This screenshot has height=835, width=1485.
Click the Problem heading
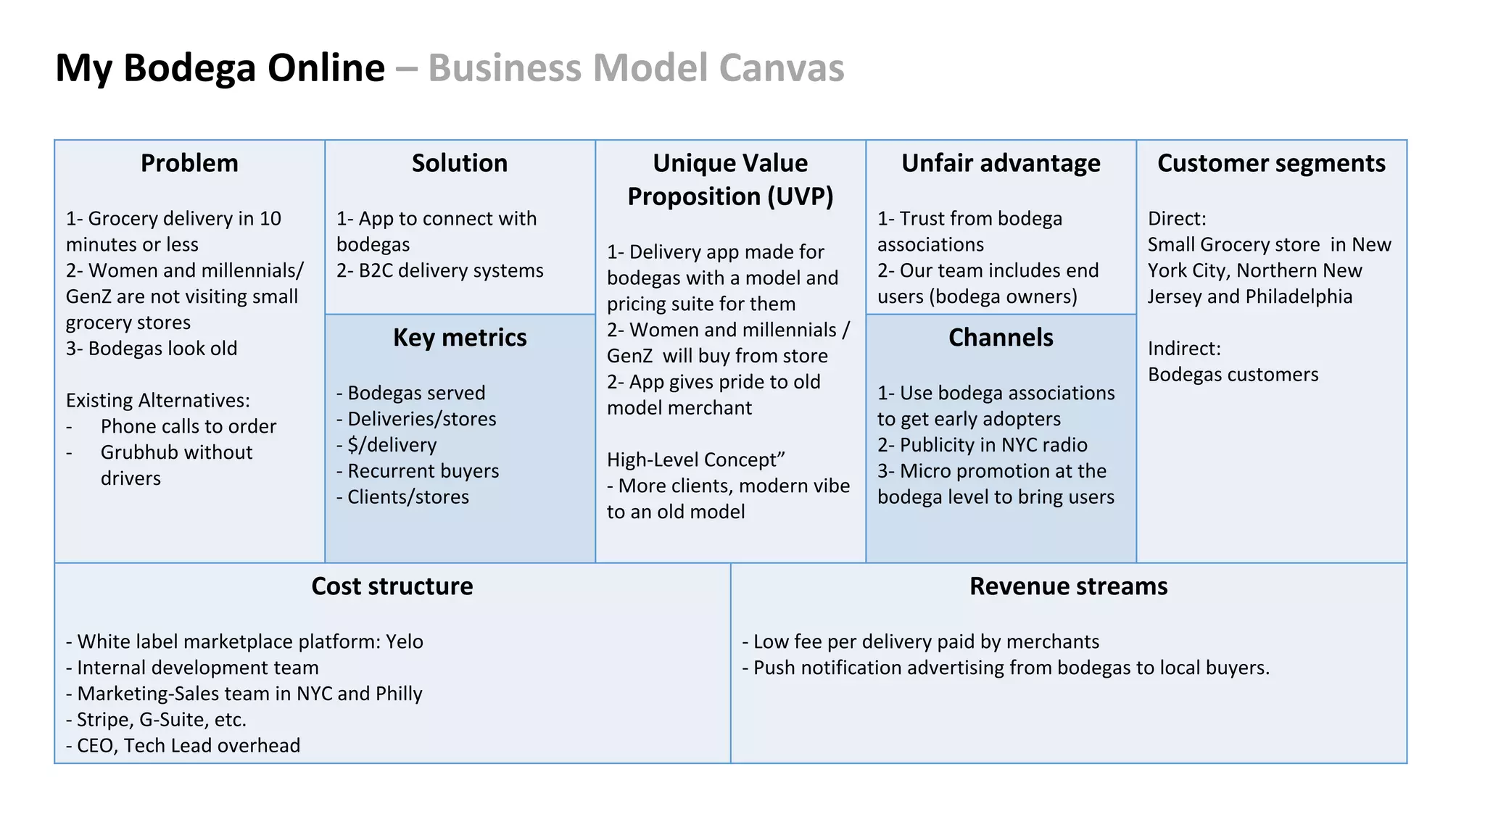189,163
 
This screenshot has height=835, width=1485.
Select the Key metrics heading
460,338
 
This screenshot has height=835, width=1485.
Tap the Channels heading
1001,338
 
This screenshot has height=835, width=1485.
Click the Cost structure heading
392,586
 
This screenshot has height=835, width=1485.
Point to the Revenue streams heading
1068,586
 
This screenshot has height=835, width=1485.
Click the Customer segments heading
1271,163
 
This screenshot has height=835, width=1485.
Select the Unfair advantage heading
1001,163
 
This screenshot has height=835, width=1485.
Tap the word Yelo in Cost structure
405,641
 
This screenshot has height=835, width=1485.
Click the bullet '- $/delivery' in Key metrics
386,445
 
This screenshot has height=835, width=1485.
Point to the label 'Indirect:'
1184,349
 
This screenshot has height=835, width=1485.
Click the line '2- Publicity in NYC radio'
983,445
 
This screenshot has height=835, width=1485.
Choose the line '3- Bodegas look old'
152,349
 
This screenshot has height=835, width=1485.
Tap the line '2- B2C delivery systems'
439,270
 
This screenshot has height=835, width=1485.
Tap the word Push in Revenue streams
773,668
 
